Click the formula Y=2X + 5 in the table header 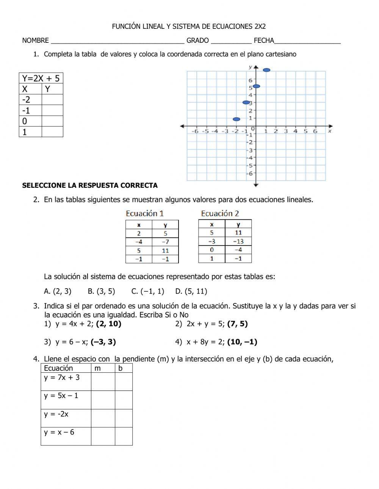41,78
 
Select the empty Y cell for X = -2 52,100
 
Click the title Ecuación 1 144,214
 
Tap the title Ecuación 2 220,214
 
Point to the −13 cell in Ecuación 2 238,241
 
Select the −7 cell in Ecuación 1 165,242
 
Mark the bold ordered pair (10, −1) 242,342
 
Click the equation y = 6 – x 72,342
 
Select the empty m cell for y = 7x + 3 103,381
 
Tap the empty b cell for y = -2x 124,418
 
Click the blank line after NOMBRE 117,41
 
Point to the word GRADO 197,41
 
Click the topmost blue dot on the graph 266,70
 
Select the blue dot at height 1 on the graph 236,119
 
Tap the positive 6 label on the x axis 315,131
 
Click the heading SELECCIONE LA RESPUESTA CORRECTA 90,186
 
